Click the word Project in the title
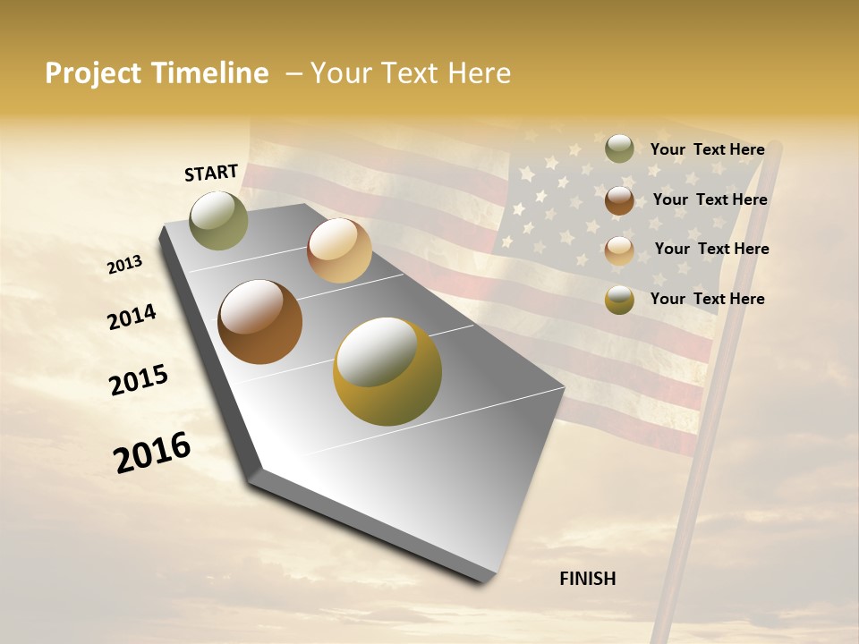pos(90,73)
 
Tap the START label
pos(211,173)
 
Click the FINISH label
pos(588,579)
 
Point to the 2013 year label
pos(124,265)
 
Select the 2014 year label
pos(132,318)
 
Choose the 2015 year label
pos(139,380)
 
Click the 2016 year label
pos(152,453)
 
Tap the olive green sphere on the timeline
pos(218,220)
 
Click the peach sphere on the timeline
pos(339,250)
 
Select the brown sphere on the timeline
pos(260,322)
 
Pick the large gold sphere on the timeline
pos(387,371)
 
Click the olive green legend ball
pos(619,148)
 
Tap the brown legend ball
pos(619,200)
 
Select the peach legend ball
pos(619,250)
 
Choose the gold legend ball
pos(619,300)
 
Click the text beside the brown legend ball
pos(710,199)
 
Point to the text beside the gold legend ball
pos(707,299)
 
